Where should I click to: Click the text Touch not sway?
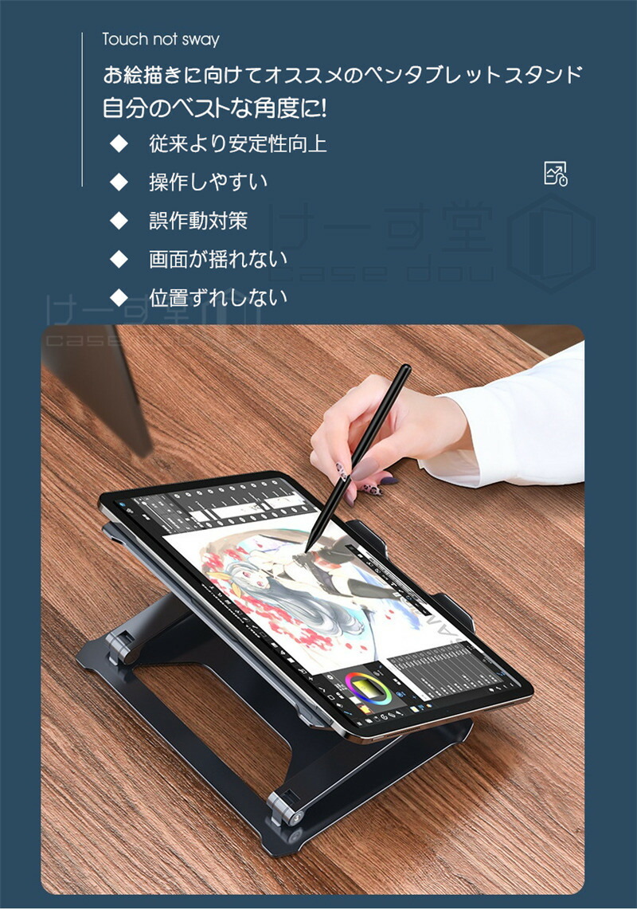click(160, 39)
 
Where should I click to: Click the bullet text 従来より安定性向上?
click(237, 144)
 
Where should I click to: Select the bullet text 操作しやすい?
click(208, 182)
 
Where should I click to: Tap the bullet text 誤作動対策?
click(197, 221)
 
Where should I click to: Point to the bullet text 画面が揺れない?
click(217, 259)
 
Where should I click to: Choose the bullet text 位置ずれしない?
click(217, 297)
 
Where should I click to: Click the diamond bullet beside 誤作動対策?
click(119, 221)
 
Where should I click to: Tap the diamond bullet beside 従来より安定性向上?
click(119, 144)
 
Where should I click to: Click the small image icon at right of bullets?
click(555, 173)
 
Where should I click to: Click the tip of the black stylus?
click(307, 549)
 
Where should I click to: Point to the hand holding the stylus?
click(374, 430)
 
